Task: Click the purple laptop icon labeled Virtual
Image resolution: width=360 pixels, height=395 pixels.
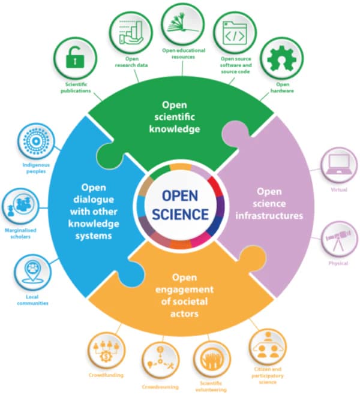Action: coord(338,165)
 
